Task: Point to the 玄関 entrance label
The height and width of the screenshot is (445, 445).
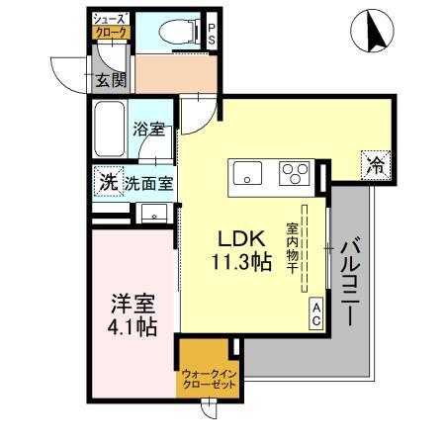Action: coord(109,80)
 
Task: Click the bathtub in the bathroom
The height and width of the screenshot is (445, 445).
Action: coord(111,128)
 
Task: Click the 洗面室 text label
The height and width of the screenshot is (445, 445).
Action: coord(148,182)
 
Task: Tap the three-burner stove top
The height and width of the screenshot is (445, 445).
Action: coord(295,173)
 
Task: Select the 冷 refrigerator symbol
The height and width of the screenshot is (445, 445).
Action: coord(374,165)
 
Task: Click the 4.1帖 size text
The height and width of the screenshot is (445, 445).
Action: coord(130,326)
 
